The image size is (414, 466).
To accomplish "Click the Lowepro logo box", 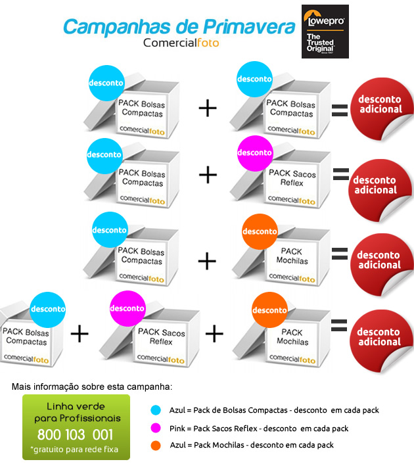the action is click(325, 32).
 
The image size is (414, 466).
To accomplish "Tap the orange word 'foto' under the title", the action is click(208, 43).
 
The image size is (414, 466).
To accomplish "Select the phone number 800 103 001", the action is click(75, 434).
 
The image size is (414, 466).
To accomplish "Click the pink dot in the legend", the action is click(156, 428).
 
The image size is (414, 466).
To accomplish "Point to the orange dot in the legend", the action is click(156, 445).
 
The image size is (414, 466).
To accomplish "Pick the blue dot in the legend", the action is click(156, 410).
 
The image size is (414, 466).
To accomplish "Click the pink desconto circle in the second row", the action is click(255, 153).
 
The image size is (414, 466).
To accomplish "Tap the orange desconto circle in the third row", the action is click(260, 231).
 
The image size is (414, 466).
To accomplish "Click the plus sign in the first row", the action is click(208, 108).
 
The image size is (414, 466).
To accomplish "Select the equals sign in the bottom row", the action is click(339, 325).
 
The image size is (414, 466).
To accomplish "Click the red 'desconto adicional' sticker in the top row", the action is click(382, 108).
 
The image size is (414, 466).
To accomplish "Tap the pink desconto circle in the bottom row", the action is click(127, 308).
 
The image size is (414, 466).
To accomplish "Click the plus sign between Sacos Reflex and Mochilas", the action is click(214, 333).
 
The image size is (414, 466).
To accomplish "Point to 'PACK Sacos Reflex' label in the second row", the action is click(292, 177).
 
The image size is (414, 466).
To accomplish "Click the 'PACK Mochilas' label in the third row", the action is click(292, 256).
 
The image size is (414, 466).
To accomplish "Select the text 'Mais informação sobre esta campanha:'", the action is click(92, 386).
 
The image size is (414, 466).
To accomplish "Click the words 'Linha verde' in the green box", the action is click(76, 406).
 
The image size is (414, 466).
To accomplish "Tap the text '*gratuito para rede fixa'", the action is click(74, 450).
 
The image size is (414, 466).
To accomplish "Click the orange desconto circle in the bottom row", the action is click(269, 310).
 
